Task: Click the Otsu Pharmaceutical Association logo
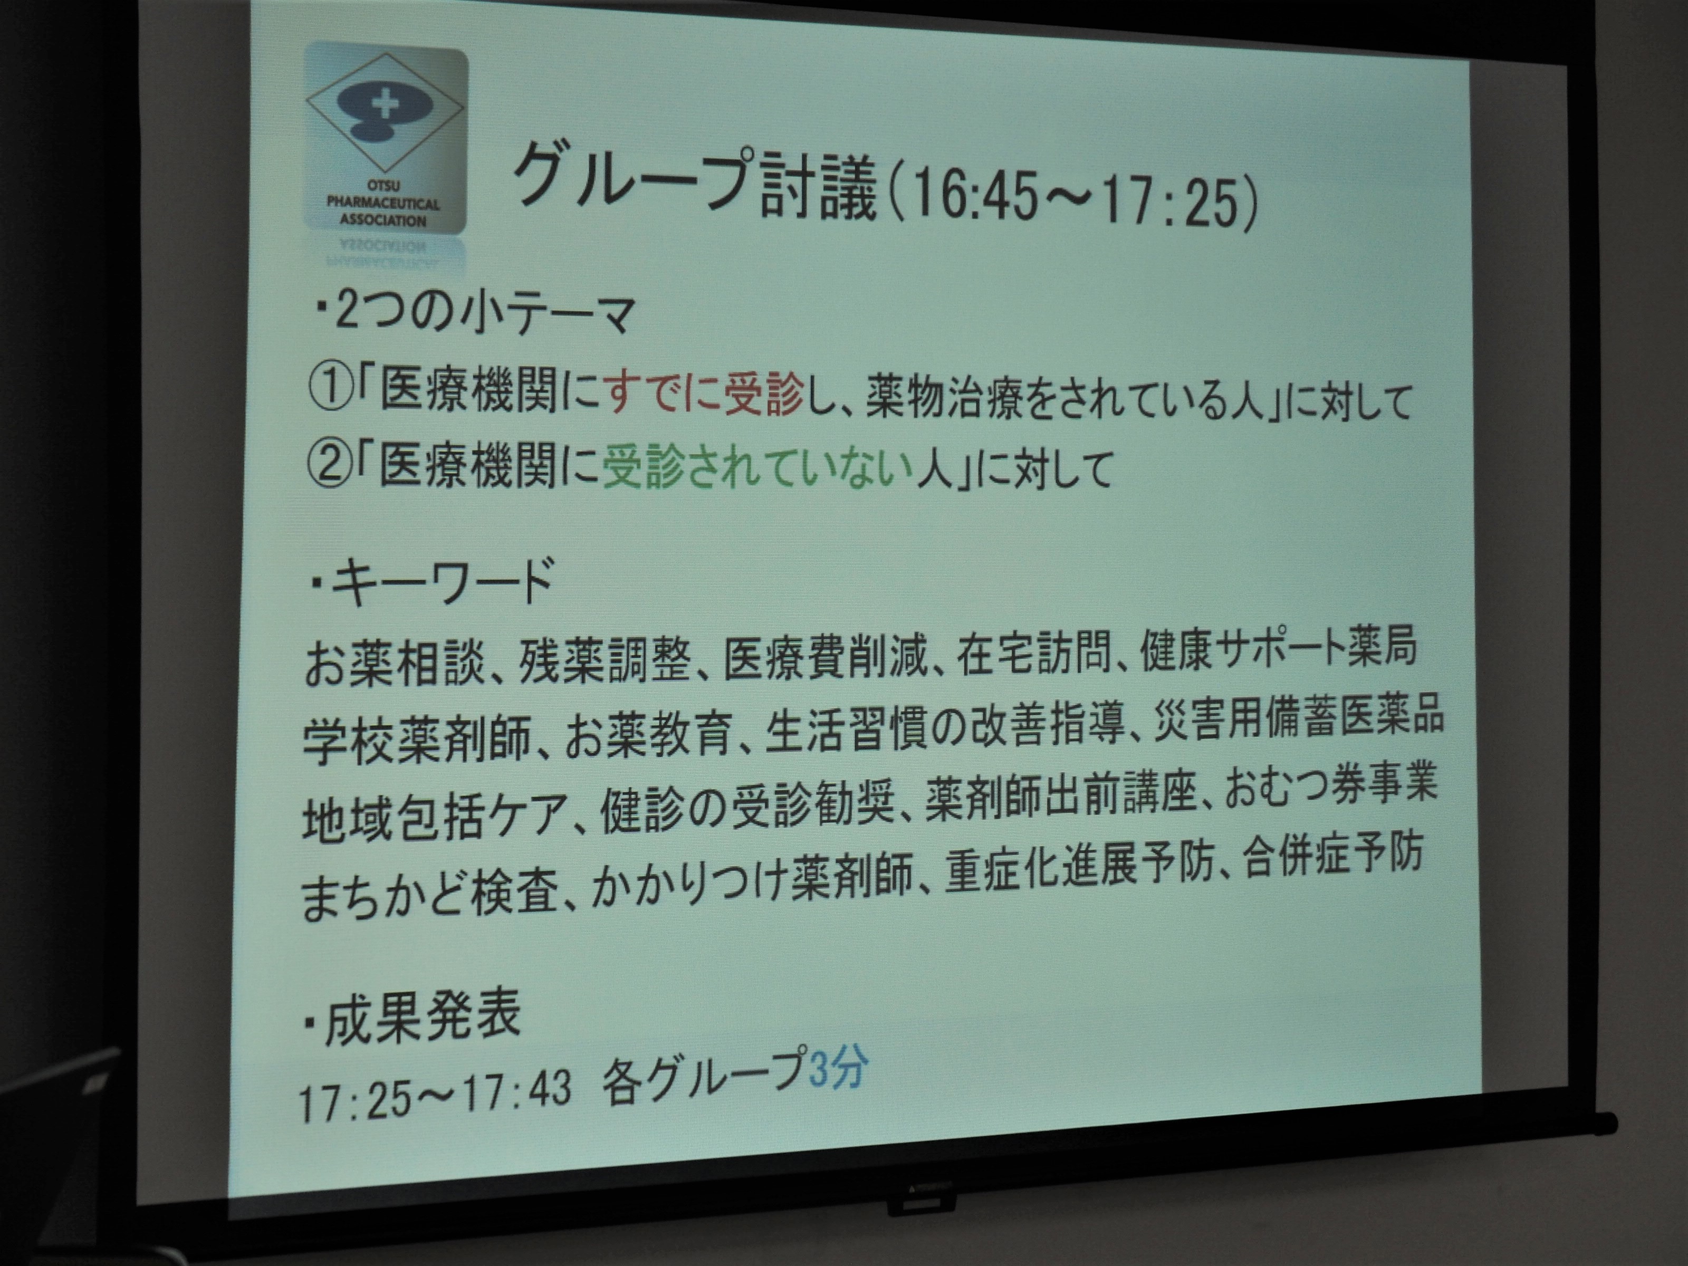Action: [386, 142]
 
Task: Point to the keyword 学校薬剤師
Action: [416, 736]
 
